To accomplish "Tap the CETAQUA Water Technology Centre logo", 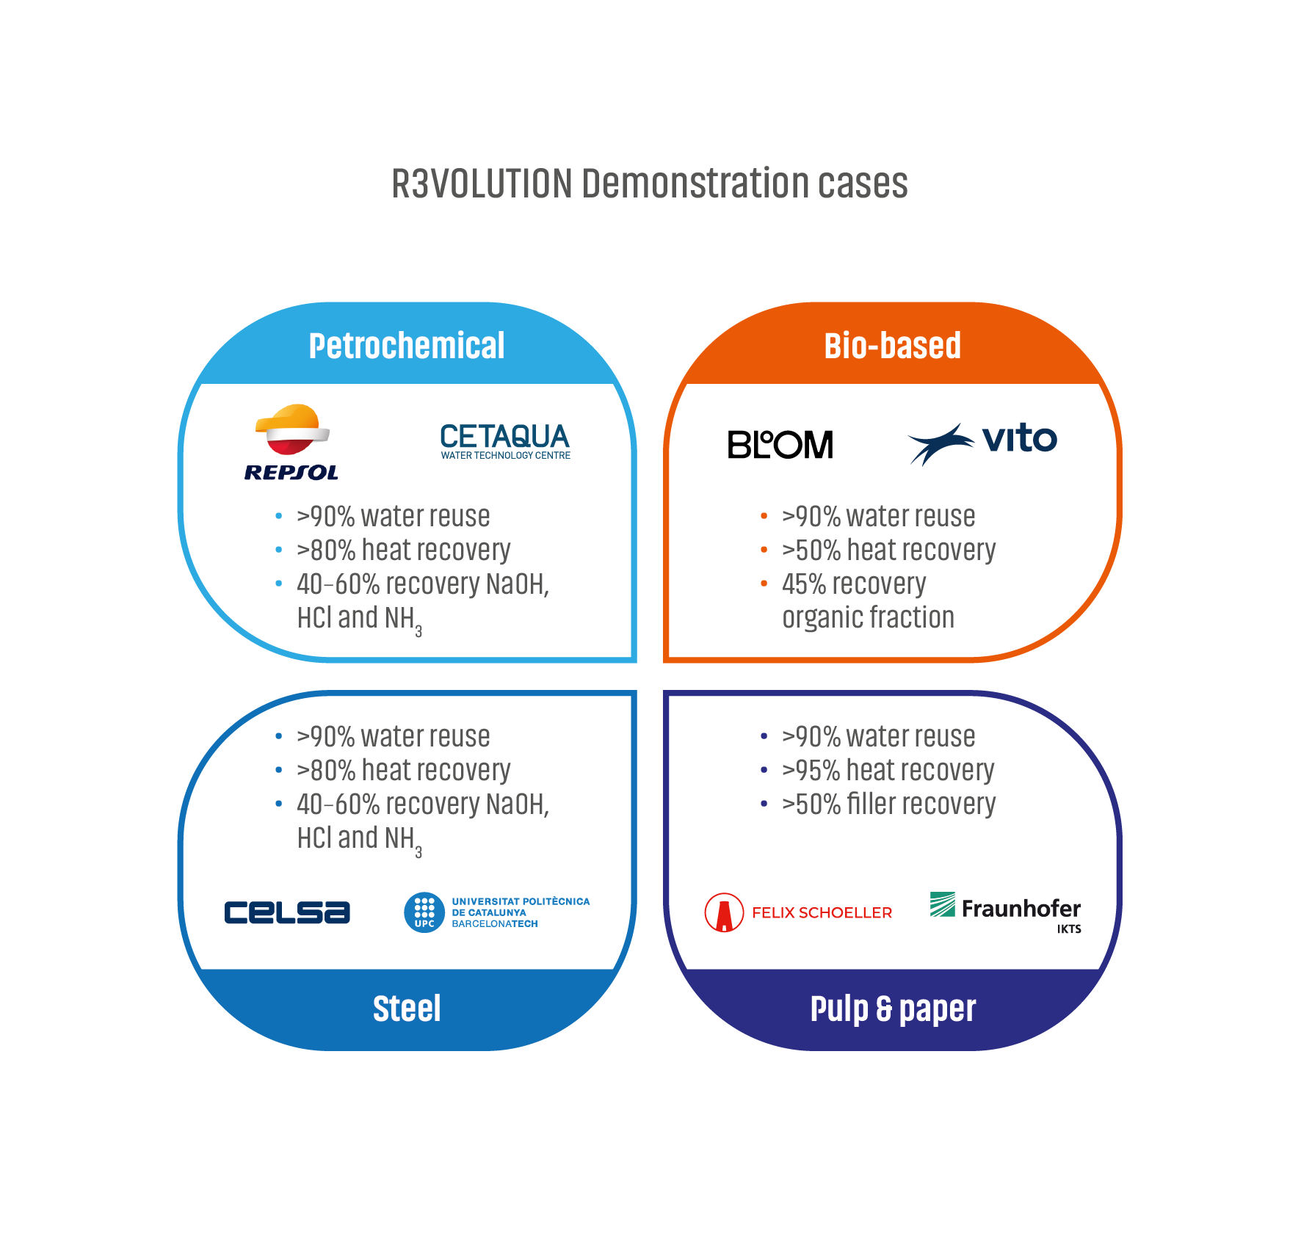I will [505, 441].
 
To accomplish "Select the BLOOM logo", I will [780, 444].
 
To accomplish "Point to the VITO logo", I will [982, 443].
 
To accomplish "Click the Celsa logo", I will [287, 912].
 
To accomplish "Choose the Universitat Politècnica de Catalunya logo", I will [497, 912].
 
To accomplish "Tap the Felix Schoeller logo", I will [798, 912].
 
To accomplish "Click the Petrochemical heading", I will [407, 346].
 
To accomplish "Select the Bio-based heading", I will [892, 346].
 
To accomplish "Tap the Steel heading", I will [407, 1009].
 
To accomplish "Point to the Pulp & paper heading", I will [893, 1009].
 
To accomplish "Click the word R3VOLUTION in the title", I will [482, 184].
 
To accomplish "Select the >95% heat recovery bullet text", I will [888, 770].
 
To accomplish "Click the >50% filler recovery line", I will [888, 804].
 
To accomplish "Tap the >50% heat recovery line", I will [888, 550].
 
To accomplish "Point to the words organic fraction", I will [868, 617].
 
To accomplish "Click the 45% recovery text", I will [853, 584].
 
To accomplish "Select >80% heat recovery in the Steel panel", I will [403, 770].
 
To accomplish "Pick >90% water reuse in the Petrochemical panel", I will [393, 516].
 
